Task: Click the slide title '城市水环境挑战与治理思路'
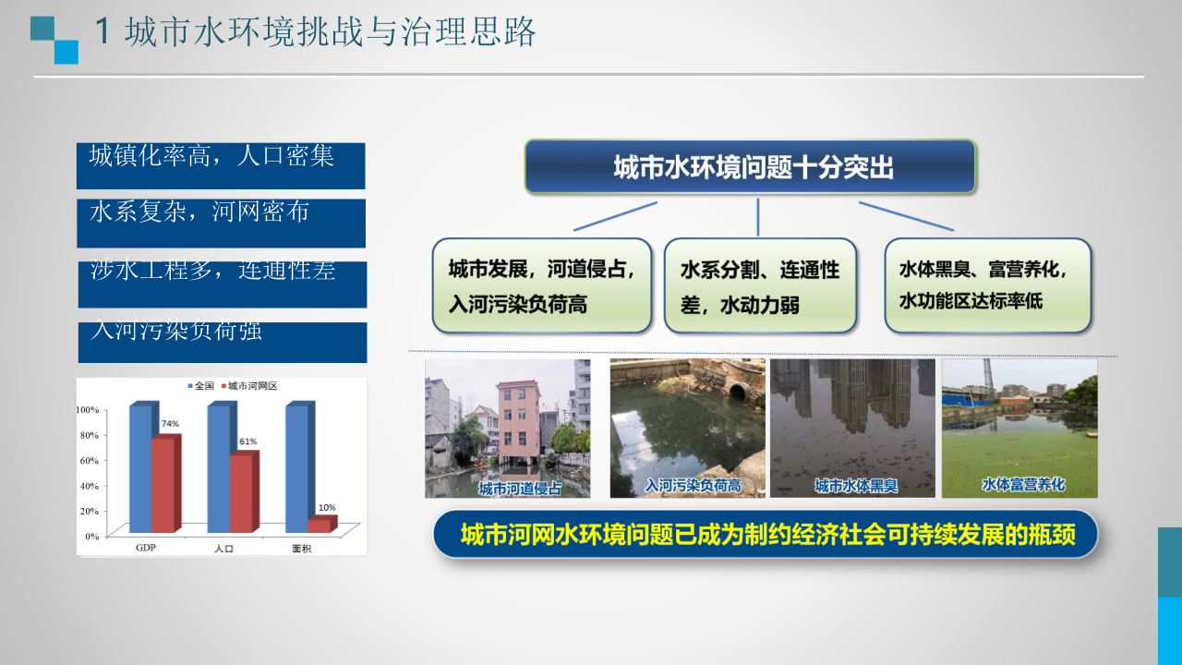330,32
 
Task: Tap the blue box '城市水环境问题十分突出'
750,167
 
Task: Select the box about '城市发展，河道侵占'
541,286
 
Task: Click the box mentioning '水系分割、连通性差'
759,286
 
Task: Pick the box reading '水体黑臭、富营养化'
986,285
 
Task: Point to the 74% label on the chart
170,424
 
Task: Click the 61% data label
247,441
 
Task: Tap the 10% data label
327,507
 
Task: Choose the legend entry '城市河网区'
253,385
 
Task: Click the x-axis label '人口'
223,548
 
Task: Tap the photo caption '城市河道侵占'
520,488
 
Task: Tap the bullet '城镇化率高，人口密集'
212,156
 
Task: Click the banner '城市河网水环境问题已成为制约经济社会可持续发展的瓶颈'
766,535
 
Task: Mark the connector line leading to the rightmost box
905,216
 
